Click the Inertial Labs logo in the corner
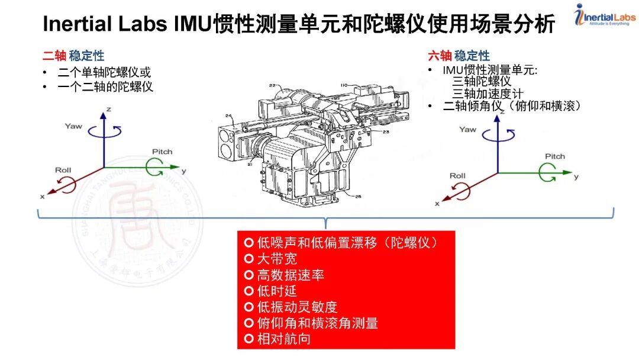point(604,16)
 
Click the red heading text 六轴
point(440,56)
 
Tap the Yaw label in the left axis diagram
point(73,126)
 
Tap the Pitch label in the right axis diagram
point(554,156)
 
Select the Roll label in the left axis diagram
point(63,170)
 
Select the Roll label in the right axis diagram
point(457,175)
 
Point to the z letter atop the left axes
point(109,110)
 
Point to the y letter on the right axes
point(576,176)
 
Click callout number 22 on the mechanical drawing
point(272,86)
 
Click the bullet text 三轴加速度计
point(488,94)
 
